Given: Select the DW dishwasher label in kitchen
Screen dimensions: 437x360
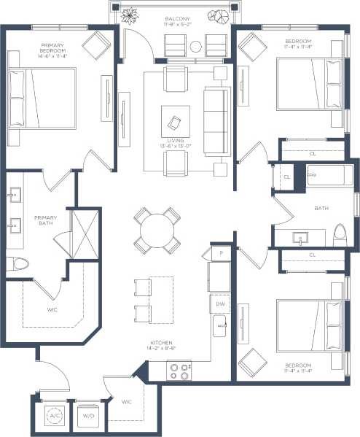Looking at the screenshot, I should [x=220, y=303].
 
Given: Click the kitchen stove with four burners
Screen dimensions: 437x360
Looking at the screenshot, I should [x=179, y=371].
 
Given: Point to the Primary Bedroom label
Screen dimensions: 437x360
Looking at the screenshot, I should [x=52, y=51].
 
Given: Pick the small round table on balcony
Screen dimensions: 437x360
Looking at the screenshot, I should [x=196, y=47].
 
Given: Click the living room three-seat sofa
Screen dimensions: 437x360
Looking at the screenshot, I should [x=215, y=120].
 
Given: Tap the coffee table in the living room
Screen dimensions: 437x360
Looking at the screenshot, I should [x=175, y=121].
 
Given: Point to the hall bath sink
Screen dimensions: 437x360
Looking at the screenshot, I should [x=300, y=236].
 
